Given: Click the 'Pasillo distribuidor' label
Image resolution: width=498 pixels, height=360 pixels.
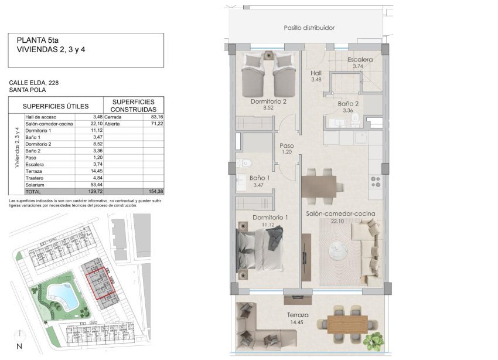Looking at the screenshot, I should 309,28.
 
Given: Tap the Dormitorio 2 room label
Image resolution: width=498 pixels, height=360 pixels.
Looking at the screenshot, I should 268,101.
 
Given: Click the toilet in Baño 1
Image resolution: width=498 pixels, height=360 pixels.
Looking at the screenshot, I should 245,164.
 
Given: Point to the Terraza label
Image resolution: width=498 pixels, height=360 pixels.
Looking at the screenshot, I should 297,315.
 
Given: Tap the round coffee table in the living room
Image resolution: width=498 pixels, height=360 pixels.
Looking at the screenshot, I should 339,251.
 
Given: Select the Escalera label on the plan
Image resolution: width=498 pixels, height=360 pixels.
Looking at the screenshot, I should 360,60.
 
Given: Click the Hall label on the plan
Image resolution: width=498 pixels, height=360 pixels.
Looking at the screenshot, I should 316,73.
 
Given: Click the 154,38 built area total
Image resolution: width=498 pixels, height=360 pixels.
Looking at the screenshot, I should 155,192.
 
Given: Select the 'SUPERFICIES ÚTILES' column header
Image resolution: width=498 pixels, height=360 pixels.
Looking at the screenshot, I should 56,106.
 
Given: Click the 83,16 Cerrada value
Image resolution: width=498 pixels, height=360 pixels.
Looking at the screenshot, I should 156,117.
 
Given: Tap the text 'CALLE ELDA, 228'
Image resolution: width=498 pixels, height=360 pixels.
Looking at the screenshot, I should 33,83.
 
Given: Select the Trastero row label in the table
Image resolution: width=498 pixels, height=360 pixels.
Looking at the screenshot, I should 35,178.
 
